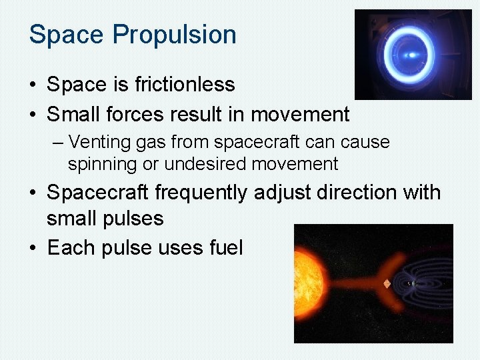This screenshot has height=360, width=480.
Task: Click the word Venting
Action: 93,142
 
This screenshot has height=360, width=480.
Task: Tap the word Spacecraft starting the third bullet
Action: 98,193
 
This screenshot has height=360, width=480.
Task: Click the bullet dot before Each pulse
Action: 33,249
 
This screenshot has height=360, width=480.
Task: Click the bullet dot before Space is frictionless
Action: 33,85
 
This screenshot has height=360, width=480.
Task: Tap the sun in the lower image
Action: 309,283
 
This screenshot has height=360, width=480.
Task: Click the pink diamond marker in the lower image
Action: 386,283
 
